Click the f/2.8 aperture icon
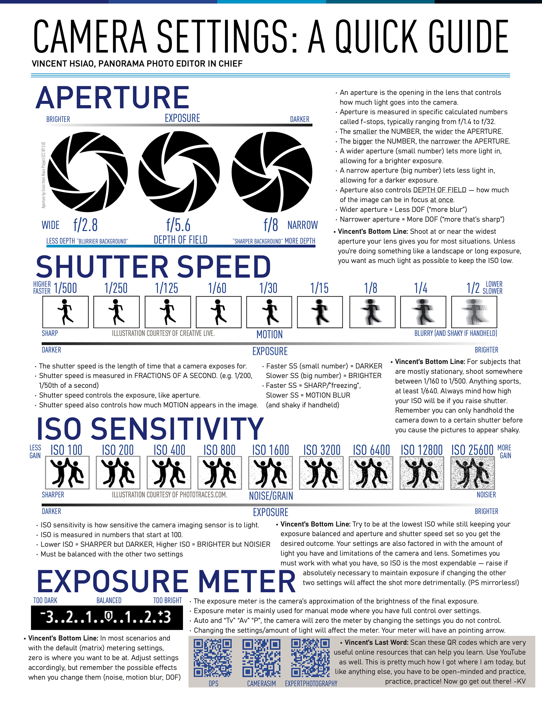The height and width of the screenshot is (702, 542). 88,172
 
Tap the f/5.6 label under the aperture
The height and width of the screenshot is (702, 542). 178,225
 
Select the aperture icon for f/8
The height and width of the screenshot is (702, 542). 272,172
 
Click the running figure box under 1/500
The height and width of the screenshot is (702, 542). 65,312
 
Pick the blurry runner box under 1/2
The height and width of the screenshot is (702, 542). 474,312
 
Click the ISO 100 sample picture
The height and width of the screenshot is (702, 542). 67,473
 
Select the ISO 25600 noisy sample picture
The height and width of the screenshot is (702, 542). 472,473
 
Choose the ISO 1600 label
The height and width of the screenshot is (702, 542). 270,450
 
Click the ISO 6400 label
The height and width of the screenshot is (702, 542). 371,450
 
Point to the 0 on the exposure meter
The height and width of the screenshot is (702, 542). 109,616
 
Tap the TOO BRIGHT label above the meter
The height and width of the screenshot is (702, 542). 167,600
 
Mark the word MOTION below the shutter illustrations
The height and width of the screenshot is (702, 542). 270,334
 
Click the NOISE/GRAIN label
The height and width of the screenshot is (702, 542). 271,496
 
